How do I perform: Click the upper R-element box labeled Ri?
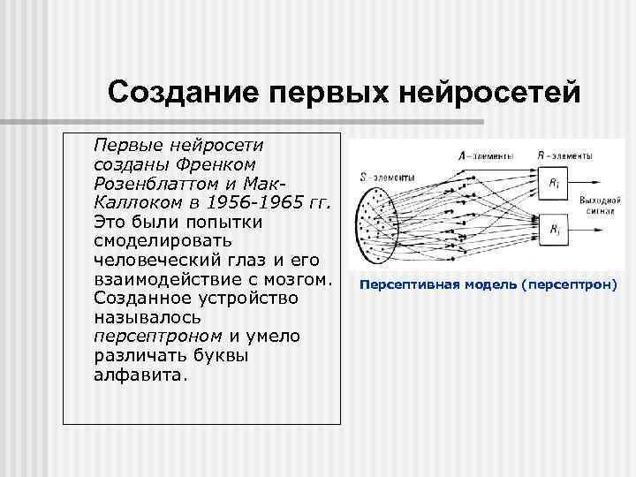[x=552, y=183]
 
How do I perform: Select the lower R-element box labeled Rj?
[x=552, y=231]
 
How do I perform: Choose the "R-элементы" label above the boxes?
[x=564, y=155]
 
